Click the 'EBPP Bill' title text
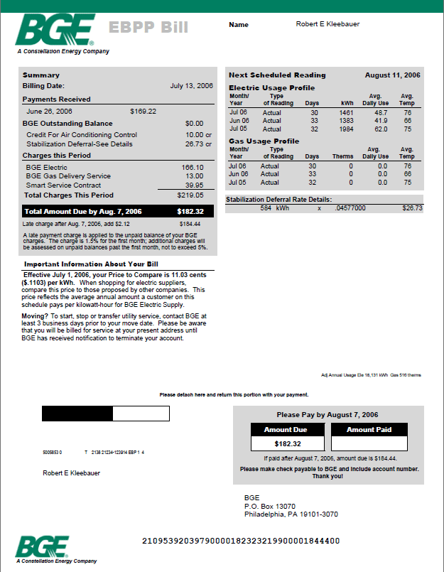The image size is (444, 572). (148, 28)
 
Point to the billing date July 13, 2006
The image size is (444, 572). (191, 85)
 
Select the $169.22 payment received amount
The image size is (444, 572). (143, 112)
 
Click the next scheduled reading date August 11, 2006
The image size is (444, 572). (392, 75)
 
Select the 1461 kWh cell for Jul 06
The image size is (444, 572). (346, 112)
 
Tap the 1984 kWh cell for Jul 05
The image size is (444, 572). (346, 129)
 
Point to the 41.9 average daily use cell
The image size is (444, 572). (380, 121)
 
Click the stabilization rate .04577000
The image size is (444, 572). (350, 208)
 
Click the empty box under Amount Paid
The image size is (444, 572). (370, 443)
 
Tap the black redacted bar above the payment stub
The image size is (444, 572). (77, 414)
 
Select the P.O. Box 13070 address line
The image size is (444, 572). (269, 506)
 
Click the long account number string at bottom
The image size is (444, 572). (241, 541)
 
